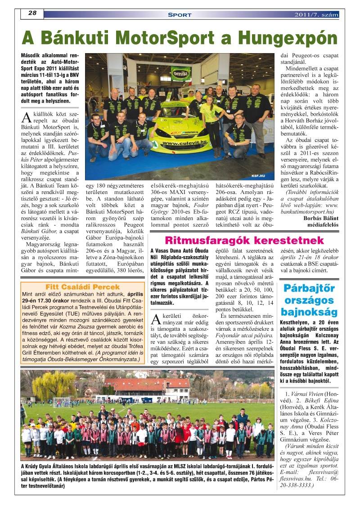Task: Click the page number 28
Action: pyautogui.click(x=32, y=14)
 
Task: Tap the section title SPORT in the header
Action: pyautogui.click(x=180, y=15)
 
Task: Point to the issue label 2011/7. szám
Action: pyautogui.click(x=316, y=15)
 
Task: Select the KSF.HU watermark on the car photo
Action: pyautogui.click(x=259, y=176)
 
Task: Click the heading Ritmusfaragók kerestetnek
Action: pyautogui.click(x=244, y=240)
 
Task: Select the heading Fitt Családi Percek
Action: pyautogui.click(x=83, y=287)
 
